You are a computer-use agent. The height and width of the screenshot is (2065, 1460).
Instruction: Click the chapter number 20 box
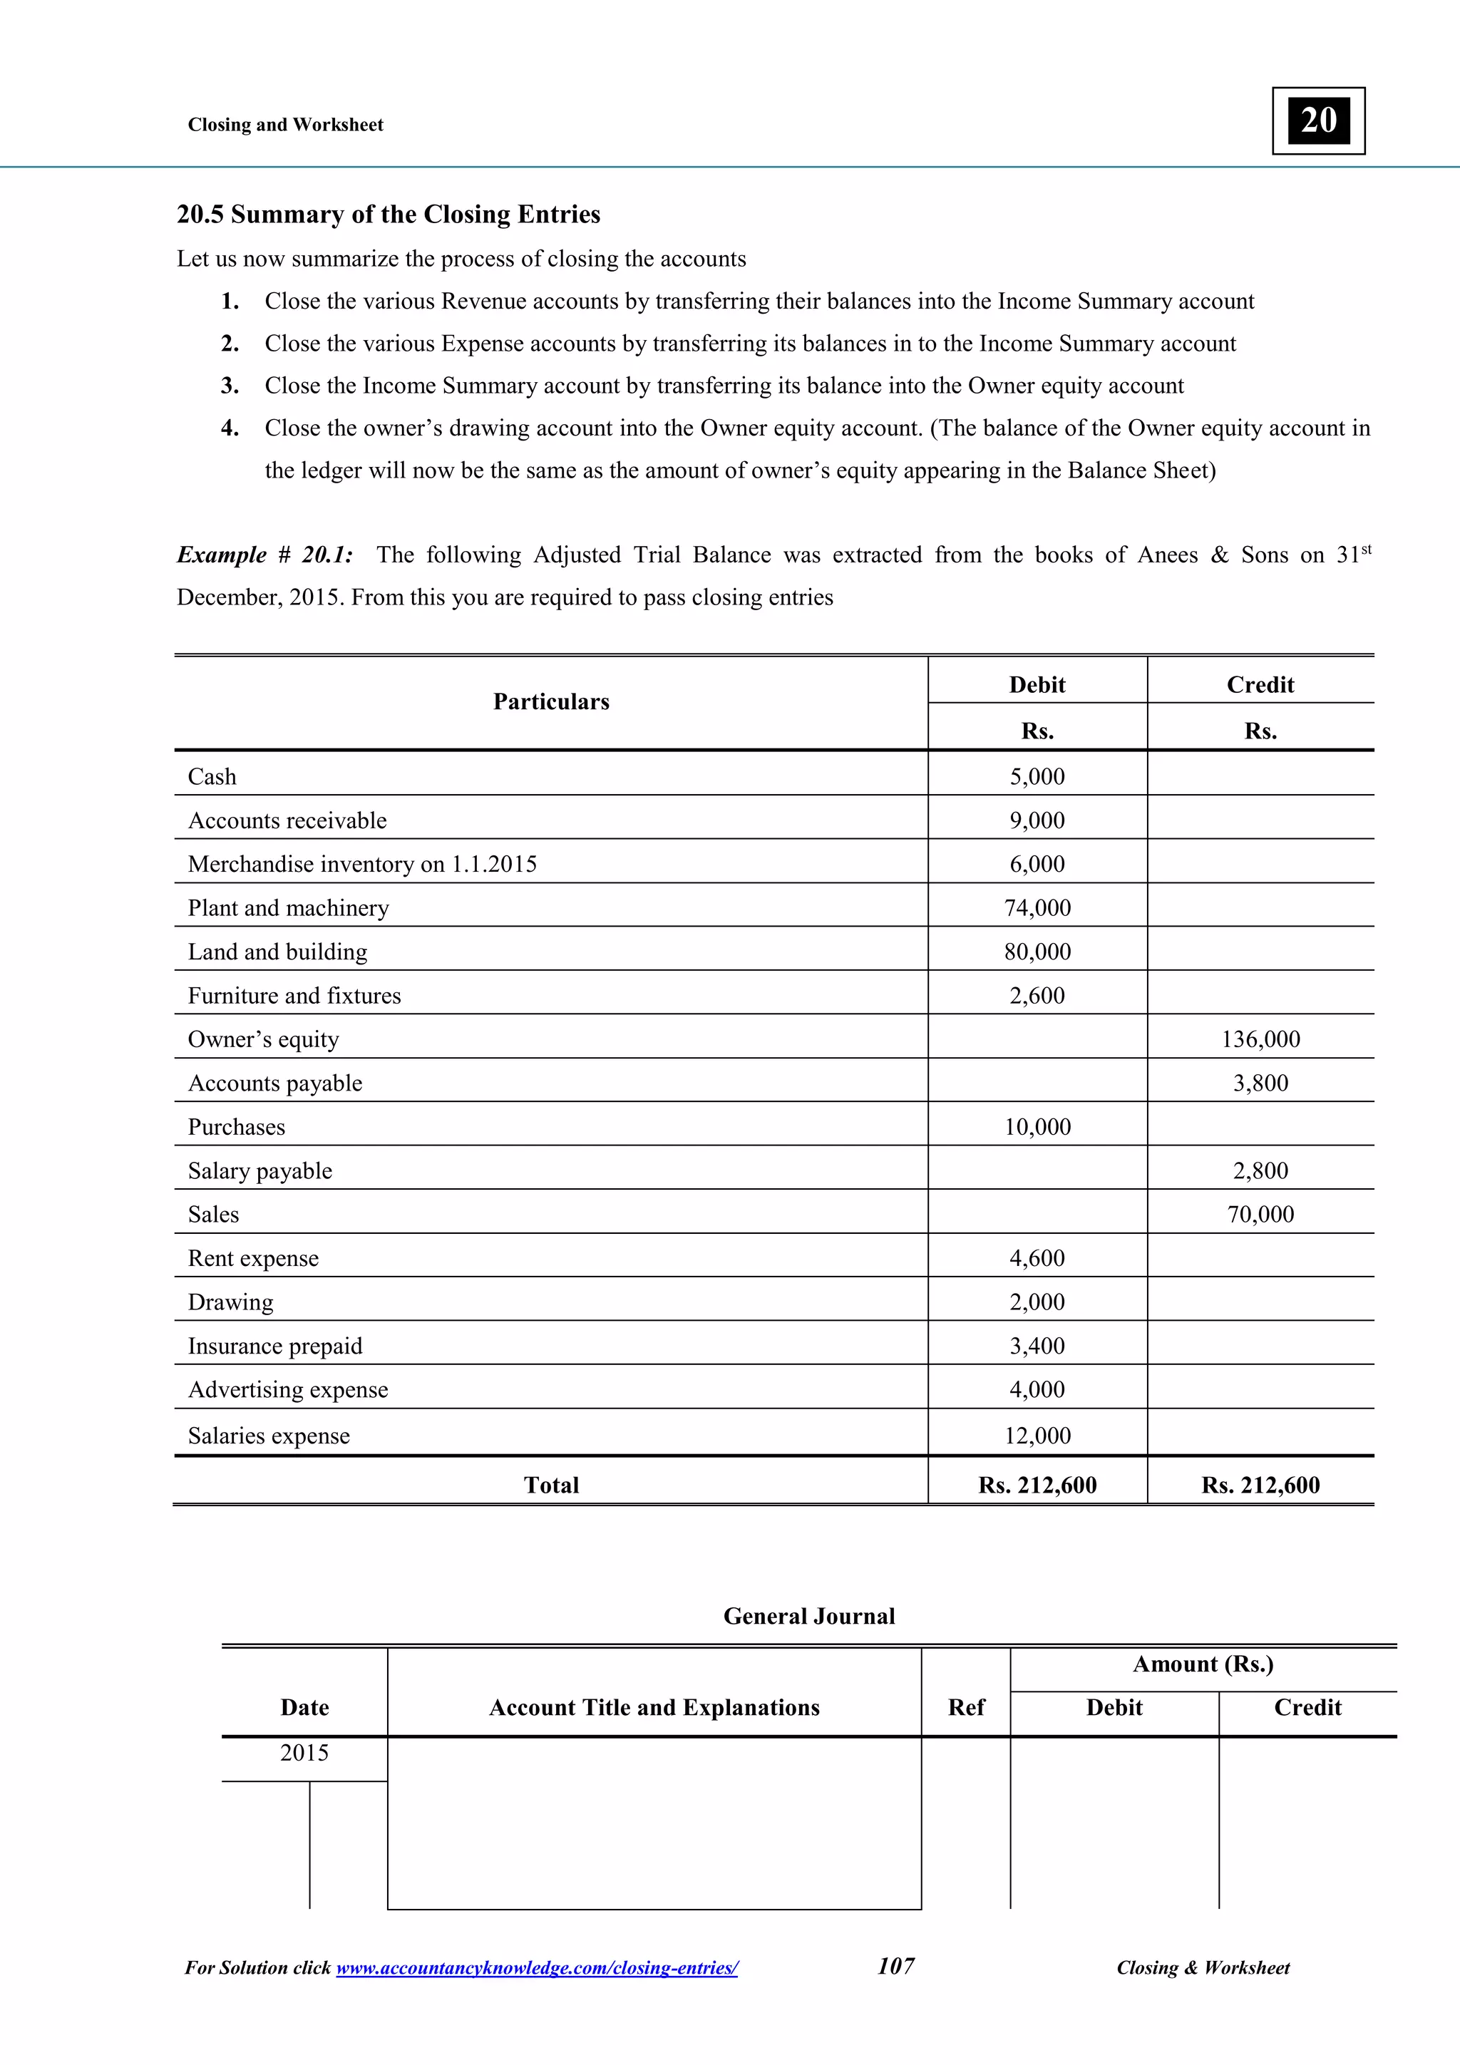click(1318, 120)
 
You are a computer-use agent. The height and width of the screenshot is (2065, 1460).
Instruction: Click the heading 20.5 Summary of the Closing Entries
click(388, 214)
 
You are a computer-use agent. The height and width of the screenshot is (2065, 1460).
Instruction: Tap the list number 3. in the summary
click(230, 386)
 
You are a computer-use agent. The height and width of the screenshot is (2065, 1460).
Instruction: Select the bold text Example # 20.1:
click(264, 555)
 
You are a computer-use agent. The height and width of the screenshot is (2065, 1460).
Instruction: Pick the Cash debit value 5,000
click(1037, 776)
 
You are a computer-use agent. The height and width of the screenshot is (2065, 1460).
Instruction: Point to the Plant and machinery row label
click(288, 907)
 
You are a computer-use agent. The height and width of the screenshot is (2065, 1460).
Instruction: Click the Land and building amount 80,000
click(1037, 952)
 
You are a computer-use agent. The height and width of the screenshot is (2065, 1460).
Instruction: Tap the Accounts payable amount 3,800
click(1260, 1083)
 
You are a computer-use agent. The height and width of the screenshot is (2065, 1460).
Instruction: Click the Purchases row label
click(236, 1127)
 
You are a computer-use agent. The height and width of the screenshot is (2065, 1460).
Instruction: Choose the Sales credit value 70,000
click(1260, 1214)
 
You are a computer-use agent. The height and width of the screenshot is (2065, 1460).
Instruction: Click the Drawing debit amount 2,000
click(1037, 1302)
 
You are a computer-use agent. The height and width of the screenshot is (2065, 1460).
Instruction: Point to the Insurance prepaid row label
click(274, 1346)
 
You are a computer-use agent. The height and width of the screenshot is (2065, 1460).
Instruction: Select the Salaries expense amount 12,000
click(1037, 1436)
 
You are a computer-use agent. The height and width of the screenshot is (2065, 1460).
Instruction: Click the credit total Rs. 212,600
click(1260, 1485)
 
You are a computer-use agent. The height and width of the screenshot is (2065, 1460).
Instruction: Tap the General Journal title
click(808, 1616)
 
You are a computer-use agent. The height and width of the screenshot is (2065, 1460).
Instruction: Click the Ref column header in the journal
click(966, 1707)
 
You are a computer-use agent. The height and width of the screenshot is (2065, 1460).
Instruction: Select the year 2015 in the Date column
click(304, 1752)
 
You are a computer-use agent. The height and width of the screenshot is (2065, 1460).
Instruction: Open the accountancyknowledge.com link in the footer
click(536, 1968)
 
